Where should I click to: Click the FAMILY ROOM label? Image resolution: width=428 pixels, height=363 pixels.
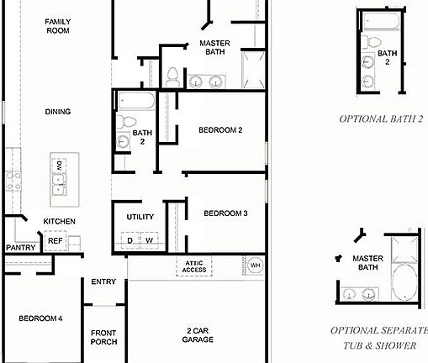coord(57,26)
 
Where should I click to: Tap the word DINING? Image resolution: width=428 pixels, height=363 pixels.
coord(57,112)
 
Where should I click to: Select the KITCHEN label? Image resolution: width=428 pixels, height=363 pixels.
coord(60,222)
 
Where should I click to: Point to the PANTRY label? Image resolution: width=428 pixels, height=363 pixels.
coord(19,248)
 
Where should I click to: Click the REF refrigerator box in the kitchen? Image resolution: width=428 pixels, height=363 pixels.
coord(55,241)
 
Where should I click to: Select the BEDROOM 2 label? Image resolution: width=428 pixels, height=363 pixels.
coord(220,130)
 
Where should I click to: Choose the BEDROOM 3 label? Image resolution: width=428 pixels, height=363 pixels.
coord(225,213)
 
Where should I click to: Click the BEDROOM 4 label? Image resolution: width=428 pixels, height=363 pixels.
coord(40,318)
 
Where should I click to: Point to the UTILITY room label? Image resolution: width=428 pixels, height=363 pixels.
coord(140,217)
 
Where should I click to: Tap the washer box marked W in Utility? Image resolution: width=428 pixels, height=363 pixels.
coord(150,241)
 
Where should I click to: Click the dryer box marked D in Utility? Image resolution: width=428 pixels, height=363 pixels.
coord(129,241)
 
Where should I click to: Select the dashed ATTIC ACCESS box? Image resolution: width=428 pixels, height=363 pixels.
coord(194,266)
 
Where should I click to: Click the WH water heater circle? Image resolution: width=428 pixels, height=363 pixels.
coord(255,266)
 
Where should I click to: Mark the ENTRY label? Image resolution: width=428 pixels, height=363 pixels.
coord(103,281)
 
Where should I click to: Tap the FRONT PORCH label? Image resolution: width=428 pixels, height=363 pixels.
coord(103,337)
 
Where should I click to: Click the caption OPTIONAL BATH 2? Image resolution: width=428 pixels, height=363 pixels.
coord(381,119)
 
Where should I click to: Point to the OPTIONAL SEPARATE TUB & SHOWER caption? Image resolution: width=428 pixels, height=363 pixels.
coord(380,337)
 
